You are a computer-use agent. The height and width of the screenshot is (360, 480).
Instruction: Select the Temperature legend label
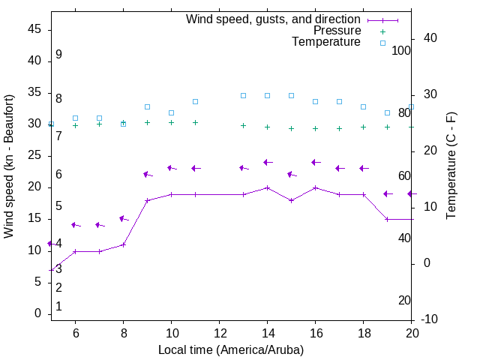pyautogui.click(x=326, y=42)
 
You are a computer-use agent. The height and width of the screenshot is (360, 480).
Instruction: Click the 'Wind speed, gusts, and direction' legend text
pyautogui.click(x=273, y=19)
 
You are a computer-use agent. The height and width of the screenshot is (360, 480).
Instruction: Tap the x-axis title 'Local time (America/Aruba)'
pyautogui.click(x=231, y=349)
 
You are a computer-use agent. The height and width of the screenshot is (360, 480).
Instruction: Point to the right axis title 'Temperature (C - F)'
pyautogui.click(x=451, y=166)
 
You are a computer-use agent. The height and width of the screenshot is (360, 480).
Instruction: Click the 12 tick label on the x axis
pyautogui.click(x=219, y=333)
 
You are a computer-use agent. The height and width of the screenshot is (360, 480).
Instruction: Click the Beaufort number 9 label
pyautogui.click(x=58, y=55)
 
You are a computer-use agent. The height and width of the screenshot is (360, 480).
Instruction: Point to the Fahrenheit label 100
pyautogui.click(x=401, y=50)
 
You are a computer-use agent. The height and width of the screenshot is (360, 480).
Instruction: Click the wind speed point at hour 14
pyautogui.click(x=267, y=187)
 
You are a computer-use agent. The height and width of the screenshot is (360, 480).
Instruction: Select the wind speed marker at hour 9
pyautogui.click(x=147, y=200)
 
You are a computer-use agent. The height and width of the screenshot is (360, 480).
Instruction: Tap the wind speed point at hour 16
pyautogui.click(x=315, y=187)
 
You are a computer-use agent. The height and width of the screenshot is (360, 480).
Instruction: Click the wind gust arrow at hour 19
pyautogui.click(x=387, y=193)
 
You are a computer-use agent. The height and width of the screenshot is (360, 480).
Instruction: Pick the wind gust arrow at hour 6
pyautogui.click(x=75, y=225)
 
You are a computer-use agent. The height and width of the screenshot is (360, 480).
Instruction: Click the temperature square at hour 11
pyautogui.click(x=195, y=101)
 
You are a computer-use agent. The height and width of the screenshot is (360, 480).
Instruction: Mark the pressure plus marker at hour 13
pyautogui.click(x=243, y=125)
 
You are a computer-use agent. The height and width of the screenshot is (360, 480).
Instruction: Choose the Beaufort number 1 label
pyautogui.click(x=58, y=307)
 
